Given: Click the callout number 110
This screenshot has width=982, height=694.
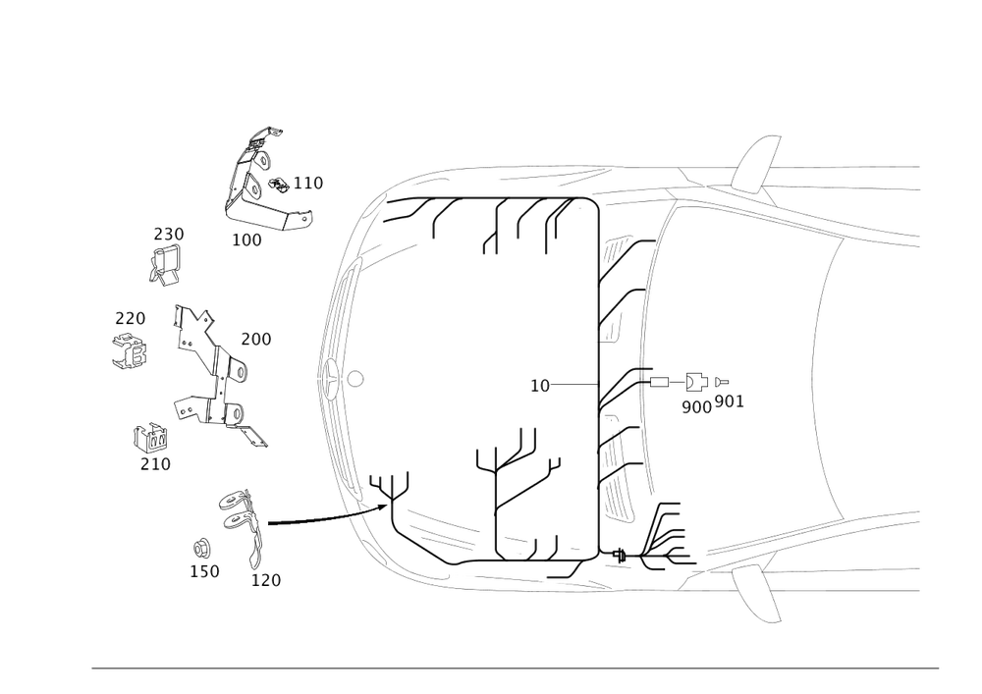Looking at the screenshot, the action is coord(308,184).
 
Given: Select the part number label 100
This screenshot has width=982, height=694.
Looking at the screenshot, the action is coord(246,240).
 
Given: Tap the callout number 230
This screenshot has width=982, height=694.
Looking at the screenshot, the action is coord(169,234).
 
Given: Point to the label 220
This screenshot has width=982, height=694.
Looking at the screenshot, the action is coord(131,318).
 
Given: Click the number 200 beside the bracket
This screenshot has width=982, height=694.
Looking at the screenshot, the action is coord(256,340).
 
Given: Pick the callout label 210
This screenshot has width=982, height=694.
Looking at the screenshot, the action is coord(155,464).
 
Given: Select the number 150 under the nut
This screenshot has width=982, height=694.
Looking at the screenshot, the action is coord(205,571).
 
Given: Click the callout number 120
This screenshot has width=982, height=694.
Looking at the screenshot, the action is coord(266,580).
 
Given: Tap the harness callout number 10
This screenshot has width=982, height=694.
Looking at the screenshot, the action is coord(540,386).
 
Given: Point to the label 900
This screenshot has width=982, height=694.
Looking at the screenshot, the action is coord(696,407).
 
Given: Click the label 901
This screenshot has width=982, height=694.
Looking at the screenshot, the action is coord(730,401).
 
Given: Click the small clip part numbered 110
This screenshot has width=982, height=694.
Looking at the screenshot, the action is coord(279,184).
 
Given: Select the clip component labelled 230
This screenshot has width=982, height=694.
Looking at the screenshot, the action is coord(165,265).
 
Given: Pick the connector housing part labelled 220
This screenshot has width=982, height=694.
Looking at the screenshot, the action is coord(131,351).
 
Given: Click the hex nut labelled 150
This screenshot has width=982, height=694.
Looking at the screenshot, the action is coord(201,549).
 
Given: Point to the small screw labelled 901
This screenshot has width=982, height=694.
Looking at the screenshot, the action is coord(721,381).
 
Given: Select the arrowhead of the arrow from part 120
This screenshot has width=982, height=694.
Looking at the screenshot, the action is coord(382,507).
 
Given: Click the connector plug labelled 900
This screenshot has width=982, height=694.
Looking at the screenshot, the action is coord(695,382).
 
